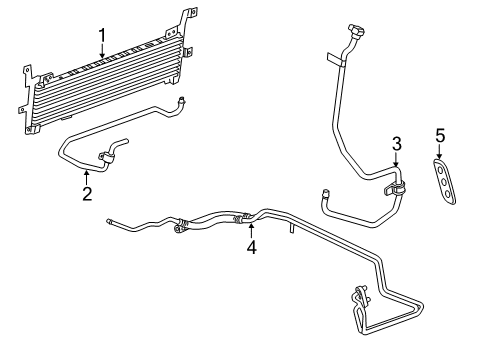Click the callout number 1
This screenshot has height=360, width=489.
[101, 37]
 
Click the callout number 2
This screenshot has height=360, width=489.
[87, 193]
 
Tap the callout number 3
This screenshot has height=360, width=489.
[396, 143]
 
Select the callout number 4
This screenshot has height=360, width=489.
[252, 247]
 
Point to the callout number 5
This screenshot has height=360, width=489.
[440, 134]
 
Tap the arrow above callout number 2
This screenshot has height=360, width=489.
[87, 176]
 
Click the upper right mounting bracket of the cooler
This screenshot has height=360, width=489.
[183, 24]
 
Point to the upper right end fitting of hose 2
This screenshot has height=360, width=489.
[181, 99]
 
